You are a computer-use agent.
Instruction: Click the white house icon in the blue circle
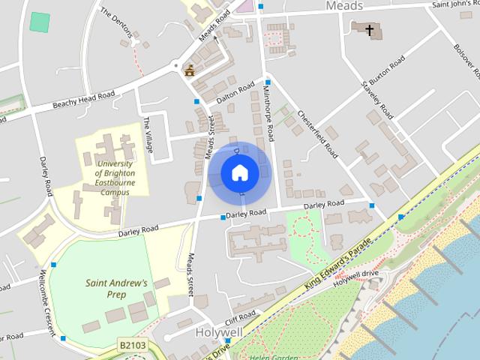(x=240, y=173)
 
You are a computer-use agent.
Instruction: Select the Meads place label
(x=344, y=6)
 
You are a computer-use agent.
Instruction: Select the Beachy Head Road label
(x=83, y=100)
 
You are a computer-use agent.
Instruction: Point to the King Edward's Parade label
(x=338, y=263)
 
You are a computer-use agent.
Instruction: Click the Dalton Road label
(x=235, y=94)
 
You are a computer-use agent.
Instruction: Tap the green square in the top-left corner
(x=40, y=21)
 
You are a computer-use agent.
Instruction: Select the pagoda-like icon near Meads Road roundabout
(x=189, y=71)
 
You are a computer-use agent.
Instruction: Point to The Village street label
(x=148, y=136)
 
